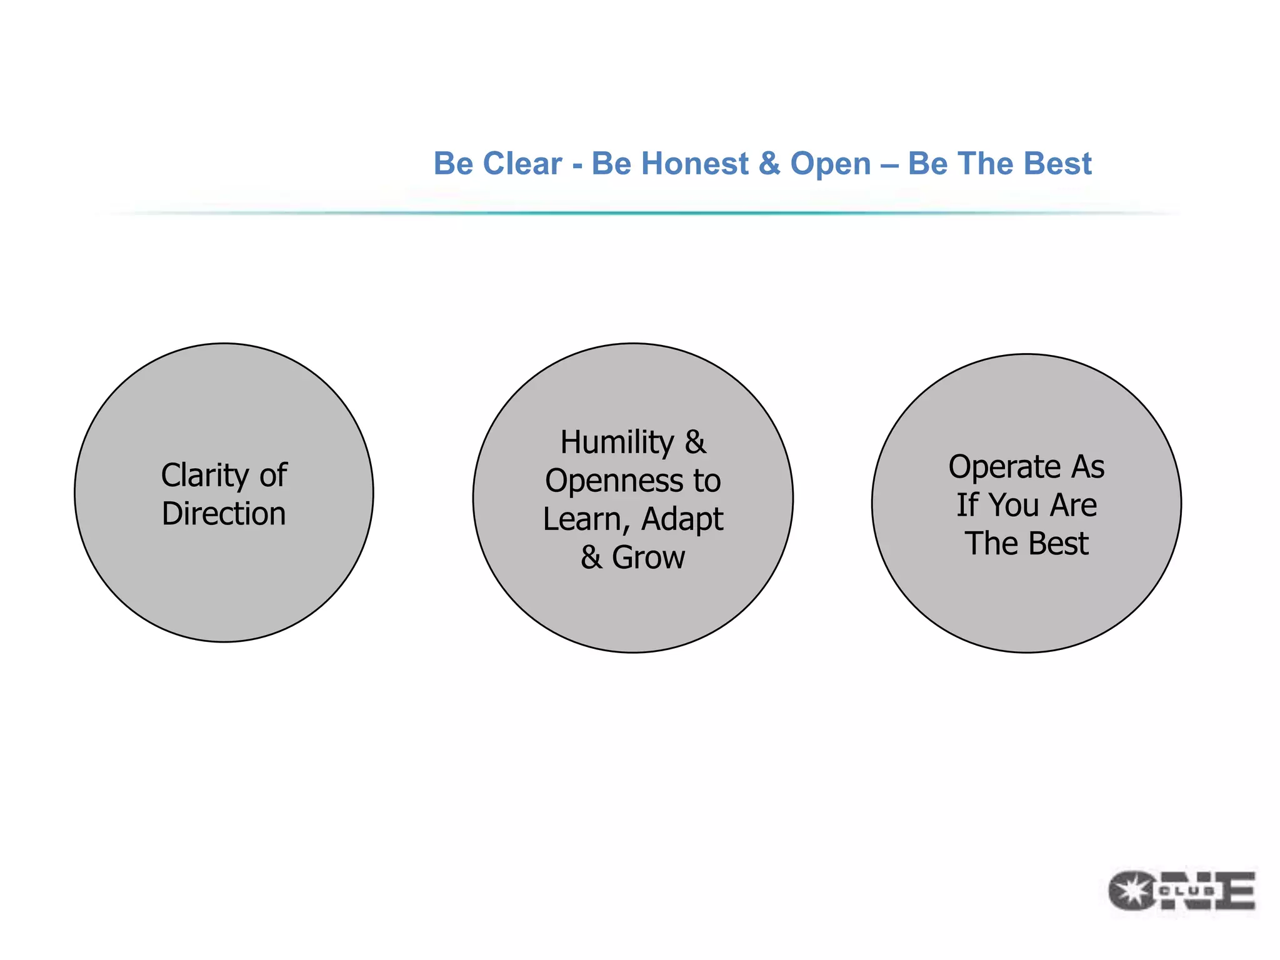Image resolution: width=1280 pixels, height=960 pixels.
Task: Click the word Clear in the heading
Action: click(x=522, y=164)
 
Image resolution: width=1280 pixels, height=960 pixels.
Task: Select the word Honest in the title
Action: click(x=694, y=164)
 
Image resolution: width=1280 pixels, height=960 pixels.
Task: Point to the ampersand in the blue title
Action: click(x=769, y=164)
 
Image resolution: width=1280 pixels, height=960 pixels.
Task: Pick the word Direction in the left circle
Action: click(x=224, y=514)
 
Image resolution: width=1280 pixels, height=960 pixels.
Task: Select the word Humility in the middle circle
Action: click(x=617, y=442)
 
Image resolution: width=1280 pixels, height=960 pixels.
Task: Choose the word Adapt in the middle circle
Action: click(x=682, y=520)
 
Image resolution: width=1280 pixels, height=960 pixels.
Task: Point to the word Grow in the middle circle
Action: click(x=648, y=557)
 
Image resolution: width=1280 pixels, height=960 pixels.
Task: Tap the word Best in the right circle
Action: click(x=1058, y=543)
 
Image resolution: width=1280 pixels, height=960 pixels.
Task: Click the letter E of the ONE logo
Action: click(x=1235, y=891)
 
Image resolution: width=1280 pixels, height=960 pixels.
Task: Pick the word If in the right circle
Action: click(x=966, y=505)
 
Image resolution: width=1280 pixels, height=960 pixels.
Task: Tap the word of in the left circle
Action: click(x=273, y=476)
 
